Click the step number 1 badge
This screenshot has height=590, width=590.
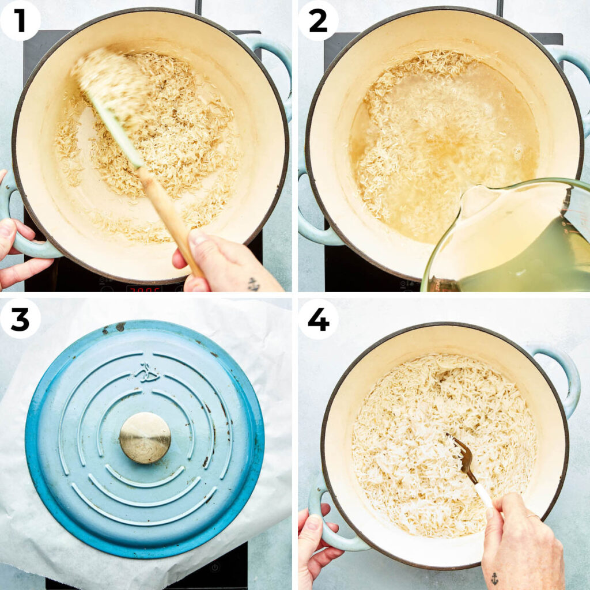point(20,21)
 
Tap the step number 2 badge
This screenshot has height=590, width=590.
point(318,21)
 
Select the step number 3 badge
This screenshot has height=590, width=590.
point(20,319)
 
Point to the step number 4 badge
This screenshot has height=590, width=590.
point(318,319)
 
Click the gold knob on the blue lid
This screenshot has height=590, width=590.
point(145,437)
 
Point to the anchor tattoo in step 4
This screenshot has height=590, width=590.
point(494,578)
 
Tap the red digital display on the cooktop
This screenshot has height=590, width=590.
point(143,288)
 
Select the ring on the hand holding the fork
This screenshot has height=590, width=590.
point(534,517)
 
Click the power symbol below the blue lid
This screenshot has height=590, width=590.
point(215,567)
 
